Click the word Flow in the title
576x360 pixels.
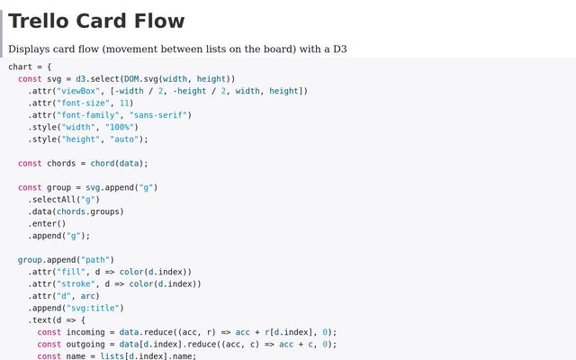tap(158, 21)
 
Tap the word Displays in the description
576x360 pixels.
tap(33, 50)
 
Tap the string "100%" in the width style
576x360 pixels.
tap(121, 127)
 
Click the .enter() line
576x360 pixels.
tap(46, 223)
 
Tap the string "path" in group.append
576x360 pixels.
tap(95, 259)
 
